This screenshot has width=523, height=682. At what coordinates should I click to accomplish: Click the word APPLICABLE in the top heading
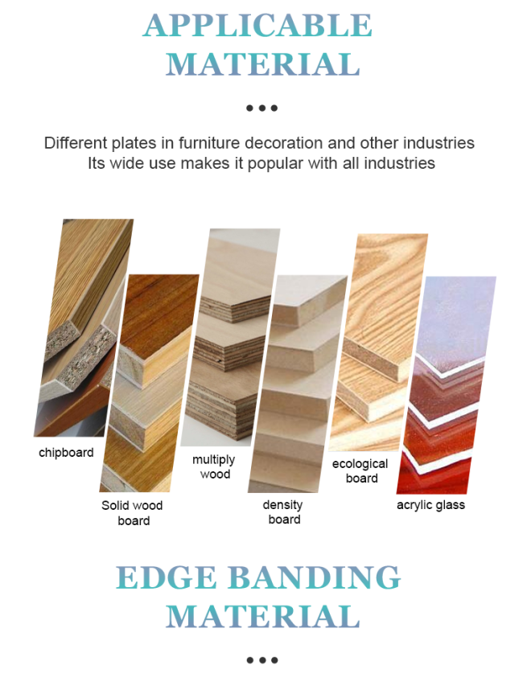coord(257,26)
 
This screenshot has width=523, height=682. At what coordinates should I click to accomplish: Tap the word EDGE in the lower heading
coord(167,577)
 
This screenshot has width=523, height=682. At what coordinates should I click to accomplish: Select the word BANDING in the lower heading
coord(314,577)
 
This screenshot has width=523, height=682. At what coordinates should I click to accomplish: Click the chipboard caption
coord(66,453)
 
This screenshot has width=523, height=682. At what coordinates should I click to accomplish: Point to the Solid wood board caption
coord(132,513)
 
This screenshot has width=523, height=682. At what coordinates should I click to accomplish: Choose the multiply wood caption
coord(214,466)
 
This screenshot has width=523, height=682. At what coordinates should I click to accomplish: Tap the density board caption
coord(283,512)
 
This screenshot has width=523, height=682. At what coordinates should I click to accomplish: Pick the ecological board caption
coord(360,470)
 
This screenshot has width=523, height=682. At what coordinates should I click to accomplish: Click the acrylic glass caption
coord(430,505)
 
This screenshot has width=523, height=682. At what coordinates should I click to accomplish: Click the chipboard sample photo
coord(84,327)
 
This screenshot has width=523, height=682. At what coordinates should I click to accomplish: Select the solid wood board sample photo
coord(149,383)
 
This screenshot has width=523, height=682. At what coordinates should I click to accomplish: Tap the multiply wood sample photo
coord(230,338)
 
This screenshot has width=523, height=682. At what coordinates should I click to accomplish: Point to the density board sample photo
coord(298,384)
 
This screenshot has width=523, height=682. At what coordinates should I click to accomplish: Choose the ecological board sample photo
coord(378,343)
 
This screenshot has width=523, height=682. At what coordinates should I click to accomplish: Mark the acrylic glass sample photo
coord(447,385)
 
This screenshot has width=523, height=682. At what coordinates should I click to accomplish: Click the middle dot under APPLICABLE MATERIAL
coord(262,108)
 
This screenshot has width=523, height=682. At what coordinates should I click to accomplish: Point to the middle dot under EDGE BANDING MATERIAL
coord(262,660)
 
